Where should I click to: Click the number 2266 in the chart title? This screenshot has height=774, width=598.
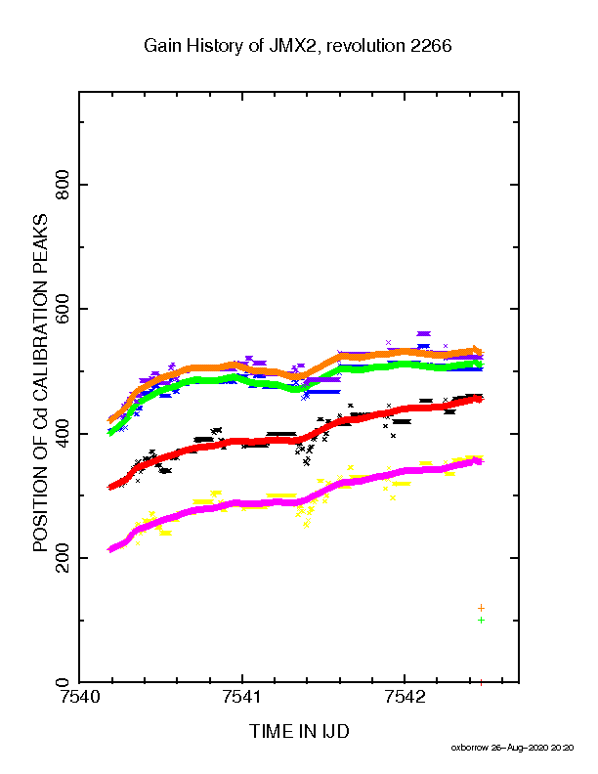429,46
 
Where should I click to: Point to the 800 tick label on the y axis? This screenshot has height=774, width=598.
63,185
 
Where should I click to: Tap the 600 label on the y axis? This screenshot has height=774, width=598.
63,309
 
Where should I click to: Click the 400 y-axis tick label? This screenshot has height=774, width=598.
63,433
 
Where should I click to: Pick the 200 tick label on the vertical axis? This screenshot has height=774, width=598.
63,558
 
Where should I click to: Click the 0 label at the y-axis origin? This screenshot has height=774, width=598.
63,683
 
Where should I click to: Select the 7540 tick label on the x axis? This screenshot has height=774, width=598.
79,697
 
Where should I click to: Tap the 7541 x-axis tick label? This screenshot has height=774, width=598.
241,697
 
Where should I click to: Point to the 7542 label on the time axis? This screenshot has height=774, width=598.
405,697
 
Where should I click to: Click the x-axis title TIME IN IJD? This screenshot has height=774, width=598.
300,731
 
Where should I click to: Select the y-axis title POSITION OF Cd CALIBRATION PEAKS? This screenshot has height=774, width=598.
40,383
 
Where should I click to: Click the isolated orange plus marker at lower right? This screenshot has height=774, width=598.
481,608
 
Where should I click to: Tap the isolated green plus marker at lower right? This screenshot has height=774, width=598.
481,621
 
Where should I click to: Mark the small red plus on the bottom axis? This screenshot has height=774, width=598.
481,683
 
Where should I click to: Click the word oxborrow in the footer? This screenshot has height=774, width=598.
469,748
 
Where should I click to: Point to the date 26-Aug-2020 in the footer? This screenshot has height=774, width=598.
520,748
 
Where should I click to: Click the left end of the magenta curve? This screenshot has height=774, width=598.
110,549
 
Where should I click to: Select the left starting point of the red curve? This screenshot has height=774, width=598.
110,488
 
